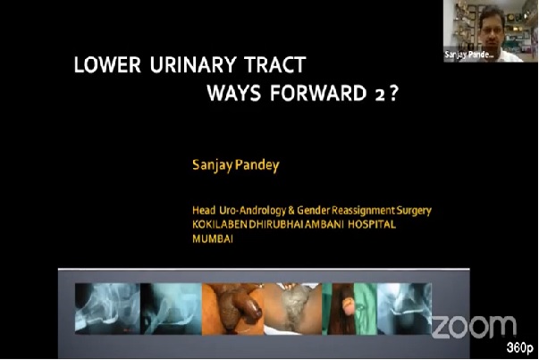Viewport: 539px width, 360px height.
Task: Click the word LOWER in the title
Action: pyautogui.click(x=107, y=64)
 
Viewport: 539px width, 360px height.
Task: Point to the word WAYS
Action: pyautogui.click(x=234, y=93)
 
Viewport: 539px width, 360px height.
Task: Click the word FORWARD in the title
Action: pyautogui.click(x=318, y=93)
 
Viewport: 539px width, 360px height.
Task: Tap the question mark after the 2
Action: pyautogui.click(x=393, y=93)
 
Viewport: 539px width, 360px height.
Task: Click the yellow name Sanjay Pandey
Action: pyautogui.click(x=236, y=165)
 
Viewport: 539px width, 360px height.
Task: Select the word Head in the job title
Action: pyautogui.click(x=204, y=210)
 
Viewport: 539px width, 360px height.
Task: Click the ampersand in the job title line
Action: pyautogui.click(x=291, y=210)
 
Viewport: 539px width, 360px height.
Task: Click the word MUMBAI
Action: pyautogui.click(x=213, y=239)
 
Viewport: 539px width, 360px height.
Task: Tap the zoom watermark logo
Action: pyautogui.click(x=474, y=327)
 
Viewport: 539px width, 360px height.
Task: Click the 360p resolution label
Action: pyautogui.click(x=520, y=347)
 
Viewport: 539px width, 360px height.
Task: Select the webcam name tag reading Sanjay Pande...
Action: pyautogui.click(x=469, y=54)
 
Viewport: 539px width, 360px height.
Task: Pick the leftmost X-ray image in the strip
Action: pyautogui.click(x=107, y=308)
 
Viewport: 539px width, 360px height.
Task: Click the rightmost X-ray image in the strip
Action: pyautogui.click(x=405, y=308)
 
